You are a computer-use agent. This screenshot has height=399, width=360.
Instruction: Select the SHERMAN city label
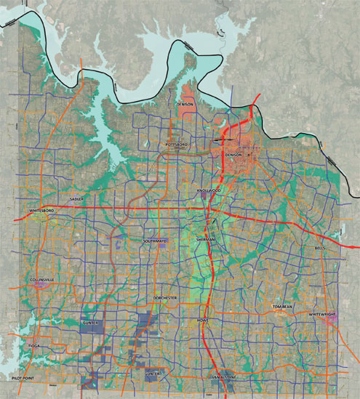click(x=207, y=239)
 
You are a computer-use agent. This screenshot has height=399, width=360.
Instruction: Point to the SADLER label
click(x=77, y=198)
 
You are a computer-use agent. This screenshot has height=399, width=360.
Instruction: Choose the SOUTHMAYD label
click(x=155, y=241)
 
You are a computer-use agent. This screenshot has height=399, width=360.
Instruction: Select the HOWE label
click(x=203, y=320)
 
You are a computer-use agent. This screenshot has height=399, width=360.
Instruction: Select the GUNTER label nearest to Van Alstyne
click(x=152, y=373)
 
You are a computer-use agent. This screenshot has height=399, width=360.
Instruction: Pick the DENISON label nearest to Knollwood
click(x=233, y=156)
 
